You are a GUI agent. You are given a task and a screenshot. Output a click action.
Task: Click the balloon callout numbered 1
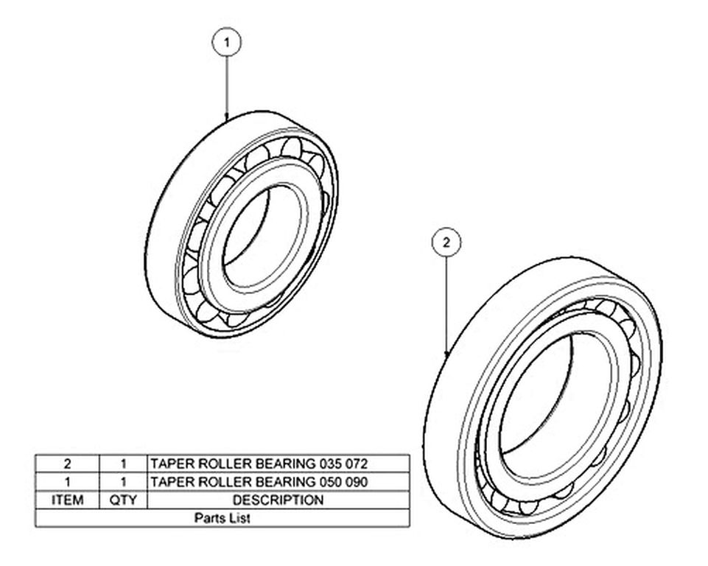pyautogui.click(x=227, y=43)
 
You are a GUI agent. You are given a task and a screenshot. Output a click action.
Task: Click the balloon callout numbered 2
pyautogui.click(x=446, y=242)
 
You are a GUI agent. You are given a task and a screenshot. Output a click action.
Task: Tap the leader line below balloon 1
pyautogui.click(x=227, y=88)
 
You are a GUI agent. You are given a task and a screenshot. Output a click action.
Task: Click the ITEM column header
pyautogui.click(x=67, y=500)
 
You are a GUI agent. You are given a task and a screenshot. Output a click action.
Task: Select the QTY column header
pyautogui.click(x=123, y=500)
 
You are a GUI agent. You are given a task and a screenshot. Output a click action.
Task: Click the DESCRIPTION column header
pyautogui.click(x=278, y=500)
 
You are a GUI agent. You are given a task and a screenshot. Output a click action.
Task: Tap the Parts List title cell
pyautogui.click(x=222, y=517)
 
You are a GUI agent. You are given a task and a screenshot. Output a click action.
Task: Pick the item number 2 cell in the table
pyautogui.click(x=67, y=464)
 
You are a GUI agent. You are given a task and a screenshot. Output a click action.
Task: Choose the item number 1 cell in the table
pyautogui.click(x=67, y=482)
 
